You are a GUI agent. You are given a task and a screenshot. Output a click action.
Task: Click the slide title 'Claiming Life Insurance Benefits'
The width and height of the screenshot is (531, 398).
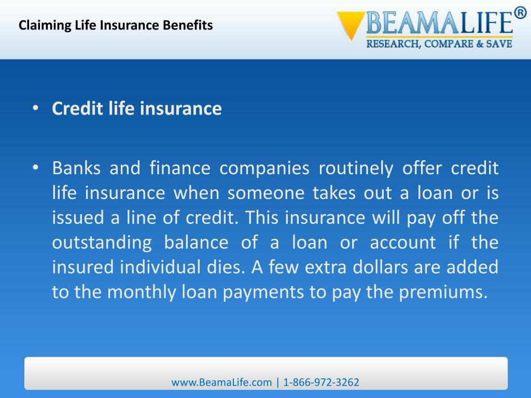(x=116, y=25)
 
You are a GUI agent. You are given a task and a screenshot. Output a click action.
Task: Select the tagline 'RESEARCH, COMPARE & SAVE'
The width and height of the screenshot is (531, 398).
(x=439, y=44)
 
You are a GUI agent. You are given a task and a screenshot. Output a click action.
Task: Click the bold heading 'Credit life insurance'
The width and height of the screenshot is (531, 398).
(x=137, y=109)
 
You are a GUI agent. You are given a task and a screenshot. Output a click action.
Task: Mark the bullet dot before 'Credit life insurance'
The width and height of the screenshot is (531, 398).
(x=35, y=109)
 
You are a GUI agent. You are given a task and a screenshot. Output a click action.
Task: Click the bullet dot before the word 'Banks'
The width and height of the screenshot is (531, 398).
(x=35, y=168)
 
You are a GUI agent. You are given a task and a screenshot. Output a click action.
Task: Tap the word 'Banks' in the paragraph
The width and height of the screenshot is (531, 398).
(x=74, y=168)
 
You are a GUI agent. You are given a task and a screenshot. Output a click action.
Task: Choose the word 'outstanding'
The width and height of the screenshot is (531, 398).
(x=102, y=243)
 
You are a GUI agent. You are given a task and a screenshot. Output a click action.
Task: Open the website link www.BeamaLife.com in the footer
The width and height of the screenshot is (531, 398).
(x=221, y=382)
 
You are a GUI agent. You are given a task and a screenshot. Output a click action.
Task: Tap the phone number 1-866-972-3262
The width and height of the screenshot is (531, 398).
(x=321, y=382)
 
